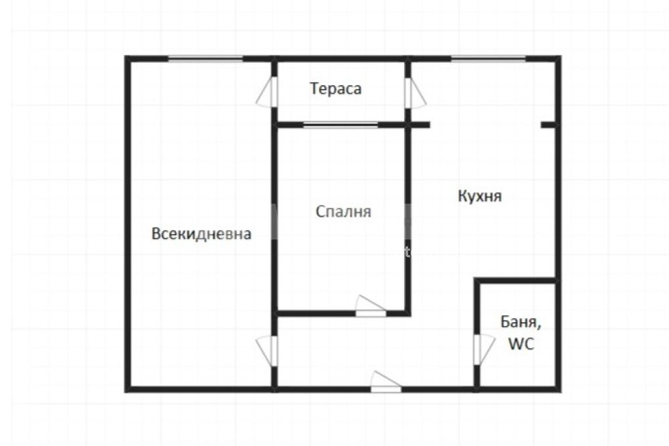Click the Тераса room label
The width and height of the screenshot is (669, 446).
click(x=336, y=88)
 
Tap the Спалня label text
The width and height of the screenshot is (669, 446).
click(x=343, y=212)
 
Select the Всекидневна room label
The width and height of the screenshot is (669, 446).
click(x=201, y=234)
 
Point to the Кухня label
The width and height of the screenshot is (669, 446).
click(x=480, y=196)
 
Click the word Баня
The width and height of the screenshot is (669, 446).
click(x=520, y=321)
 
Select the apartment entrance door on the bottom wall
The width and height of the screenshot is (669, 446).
click(x=386, y=382)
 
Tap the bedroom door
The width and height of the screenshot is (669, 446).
click(x=371, y=306)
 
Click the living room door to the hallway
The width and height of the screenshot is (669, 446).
click(x=268, y=351)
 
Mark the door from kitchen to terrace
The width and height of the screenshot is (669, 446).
click(x=414, y=92)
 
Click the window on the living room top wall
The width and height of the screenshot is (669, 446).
click(x=205, y=58)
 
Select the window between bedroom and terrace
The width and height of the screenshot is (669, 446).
click(x=341, y=125)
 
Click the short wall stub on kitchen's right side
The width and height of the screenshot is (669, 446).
click(x=549, y=125)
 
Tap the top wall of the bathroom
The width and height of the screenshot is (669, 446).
click(x=516, y=281)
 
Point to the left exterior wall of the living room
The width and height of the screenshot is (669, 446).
click(x=127, y=224)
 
